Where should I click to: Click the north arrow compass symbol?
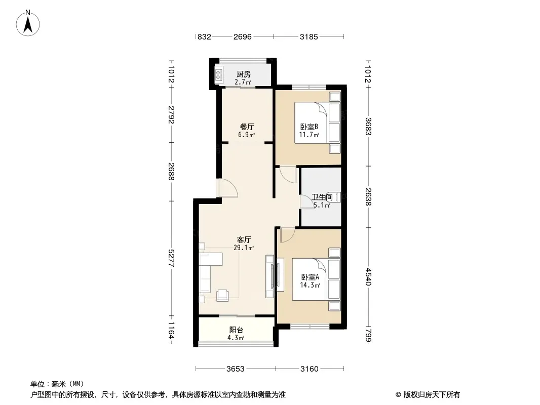[28, 23]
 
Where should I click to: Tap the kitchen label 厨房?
[244, 74]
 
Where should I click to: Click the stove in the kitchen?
[219, 75]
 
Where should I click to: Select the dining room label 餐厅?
[247, 127]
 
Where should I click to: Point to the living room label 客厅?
[244, 239]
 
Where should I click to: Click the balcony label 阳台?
[236, 330]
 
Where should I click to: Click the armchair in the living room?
[222, 296]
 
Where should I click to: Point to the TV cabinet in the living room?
[269, 276]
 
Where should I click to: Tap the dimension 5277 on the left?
[172, 258]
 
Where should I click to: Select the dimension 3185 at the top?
[309, 36]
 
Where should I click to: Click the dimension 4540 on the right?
[368, 276]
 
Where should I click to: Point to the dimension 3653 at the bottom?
[236, 369]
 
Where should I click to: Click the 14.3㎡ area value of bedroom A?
[311, 285]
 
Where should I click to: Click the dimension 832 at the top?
[204, 36]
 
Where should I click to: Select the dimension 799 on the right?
[368, 335]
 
